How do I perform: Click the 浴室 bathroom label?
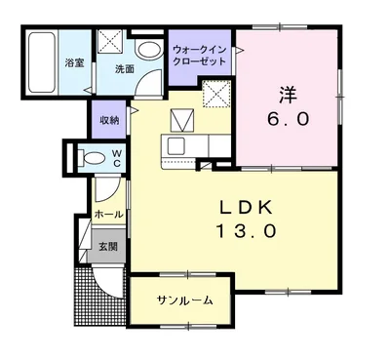[x=74, y=62]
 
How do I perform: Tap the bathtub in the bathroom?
[x=41, y=61]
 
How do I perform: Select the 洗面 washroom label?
[x=125, y=69]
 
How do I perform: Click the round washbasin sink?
[x=149, y=51]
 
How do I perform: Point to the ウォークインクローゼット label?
[x=199, y=56]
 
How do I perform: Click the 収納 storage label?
[x=109, y=120]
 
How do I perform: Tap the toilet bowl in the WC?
[x=92, y=157]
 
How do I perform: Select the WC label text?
[x=117, y=158]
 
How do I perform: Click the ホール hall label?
[x=109, y=215]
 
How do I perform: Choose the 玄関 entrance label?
[x=108, y=247]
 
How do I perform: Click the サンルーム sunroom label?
[x=184, y=300]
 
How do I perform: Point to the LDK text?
[x=246, y=208]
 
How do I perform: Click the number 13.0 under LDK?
[x=247, y=231]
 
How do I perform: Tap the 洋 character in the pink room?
[x=288, y=95]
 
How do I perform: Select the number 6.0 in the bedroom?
[x=288, y=119]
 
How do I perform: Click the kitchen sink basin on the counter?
[x=175, y=145]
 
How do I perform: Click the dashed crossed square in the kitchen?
[x=216, y=94]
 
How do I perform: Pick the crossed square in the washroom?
[x=110, y=41]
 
